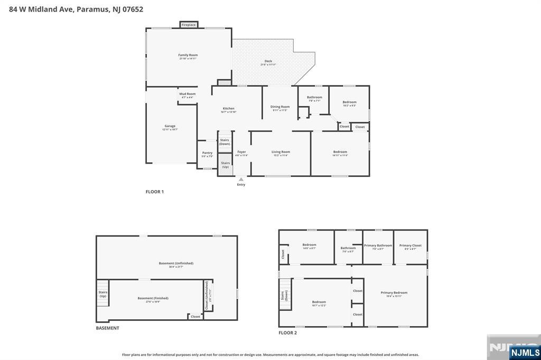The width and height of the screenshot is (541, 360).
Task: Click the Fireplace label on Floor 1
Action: tap(189, 25)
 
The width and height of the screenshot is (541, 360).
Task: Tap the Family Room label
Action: tap(188, 55)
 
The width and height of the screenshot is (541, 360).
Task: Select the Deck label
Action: tap(268, 61)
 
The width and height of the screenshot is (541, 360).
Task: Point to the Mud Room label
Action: tap(188, 94)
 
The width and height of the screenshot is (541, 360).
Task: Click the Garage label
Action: tap(170, 126)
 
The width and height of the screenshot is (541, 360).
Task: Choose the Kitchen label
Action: tap(228, 109)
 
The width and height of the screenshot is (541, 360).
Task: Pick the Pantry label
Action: tap(207, 153)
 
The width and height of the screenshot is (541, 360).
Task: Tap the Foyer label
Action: tap(241, 152)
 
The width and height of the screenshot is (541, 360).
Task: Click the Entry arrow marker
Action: tap(241, 179)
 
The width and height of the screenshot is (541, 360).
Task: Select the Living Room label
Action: tap(281, 152)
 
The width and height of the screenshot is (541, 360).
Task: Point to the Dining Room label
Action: tap(280, 107)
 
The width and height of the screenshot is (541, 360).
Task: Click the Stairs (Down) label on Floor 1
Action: tap(225, 141)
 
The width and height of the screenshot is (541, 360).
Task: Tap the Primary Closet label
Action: tap(410, 245)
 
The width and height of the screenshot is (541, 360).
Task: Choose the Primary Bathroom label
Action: tap(378, 245)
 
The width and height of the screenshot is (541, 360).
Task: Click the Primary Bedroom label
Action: tap(394, 292)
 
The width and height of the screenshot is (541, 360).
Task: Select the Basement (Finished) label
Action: tap(153, 298)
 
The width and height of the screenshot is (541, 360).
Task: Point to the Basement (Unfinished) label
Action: tap(176, 263)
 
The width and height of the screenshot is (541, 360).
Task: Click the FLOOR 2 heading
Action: tap(288, 333)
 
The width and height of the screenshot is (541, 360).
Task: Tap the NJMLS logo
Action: tap(525, 353)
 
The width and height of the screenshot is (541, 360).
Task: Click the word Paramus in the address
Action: tap(92, 10)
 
